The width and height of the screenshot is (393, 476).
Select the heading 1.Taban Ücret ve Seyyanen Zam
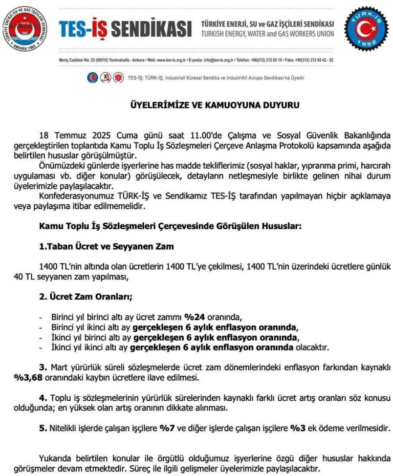tap(107, 246)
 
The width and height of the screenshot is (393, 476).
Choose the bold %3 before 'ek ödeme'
tap(298, 428)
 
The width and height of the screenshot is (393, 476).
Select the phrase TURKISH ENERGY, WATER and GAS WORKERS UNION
tap(267, 34)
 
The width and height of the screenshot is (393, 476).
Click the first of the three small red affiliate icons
tap(92, 78)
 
